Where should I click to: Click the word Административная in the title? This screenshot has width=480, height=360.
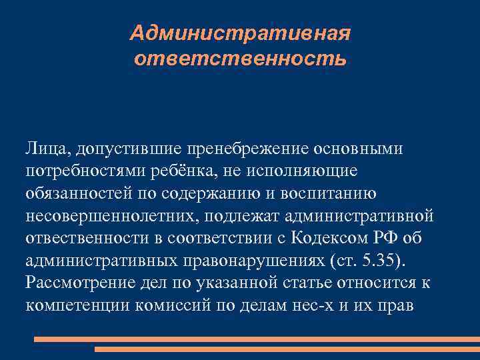point(240,33)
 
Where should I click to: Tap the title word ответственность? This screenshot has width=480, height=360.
point(240,59)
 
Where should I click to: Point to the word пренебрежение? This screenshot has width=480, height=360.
point(245,147)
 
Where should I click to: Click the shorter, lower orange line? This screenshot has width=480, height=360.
point(287,349)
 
